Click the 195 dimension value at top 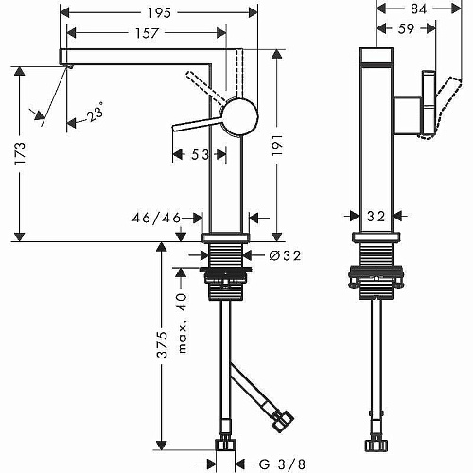pyautogui.click(x=159, y=13)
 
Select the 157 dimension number pyautogui.click(x=147, y=33)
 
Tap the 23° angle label pyautogui.click(x=95, y=114)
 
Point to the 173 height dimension pyautogui.click(x=21, y=153)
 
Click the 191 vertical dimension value pyautogui.click(x=277, y=145)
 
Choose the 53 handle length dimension pyautogui.click(x=200, y=155)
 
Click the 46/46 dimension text pyautogui.click(x=156, y=218)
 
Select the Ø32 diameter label pyautogui.click(x=286, y=255)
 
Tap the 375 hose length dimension pyautogui.click(x=163, y=344)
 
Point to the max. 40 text pyautogui.click(x=183, y=323)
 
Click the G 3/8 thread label pyautogui.click(x=282, y=464)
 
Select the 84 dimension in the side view pyautogui.click(x=418, y=9)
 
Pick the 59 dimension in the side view pyautogui.click(x=406, y=28)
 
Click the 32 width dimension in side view pyautogui.click(x=377, y=217)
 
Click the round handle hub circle pyautogui.click(x=241, y=116)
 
